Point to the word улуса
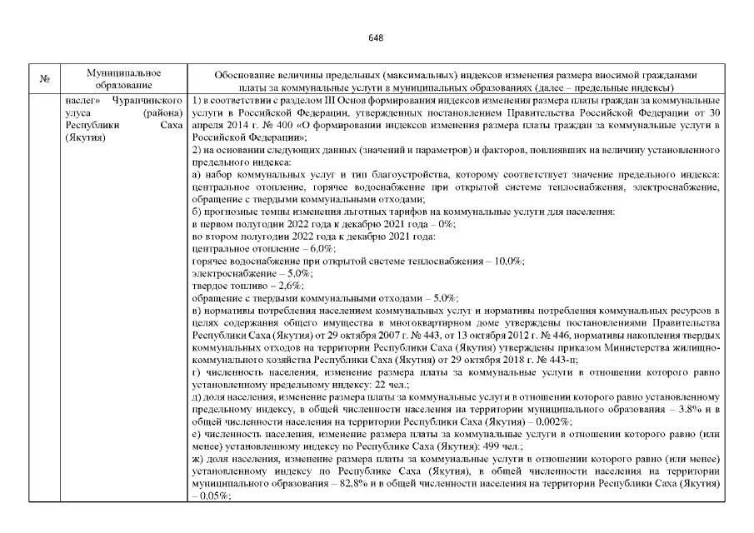[x=77, y=111]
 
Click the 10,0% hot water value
[x=508, y=261]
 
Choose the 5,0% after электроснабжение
[x=296, y=273]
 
